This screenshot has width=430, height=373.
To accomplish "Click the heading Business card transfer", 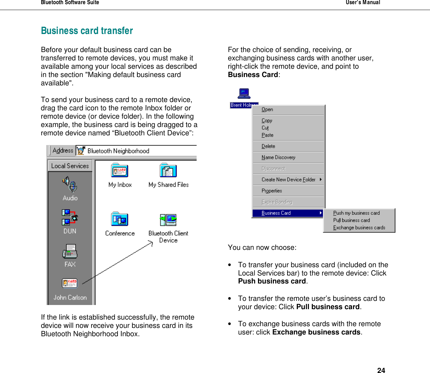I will [87, 31].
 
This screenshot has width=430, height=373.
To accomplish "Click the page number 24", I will [381, 370].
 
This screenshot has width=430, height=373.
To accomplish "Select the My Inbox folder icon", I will [120, 171].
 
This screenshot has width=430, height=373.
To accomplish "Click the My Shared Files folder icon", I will [168, 171].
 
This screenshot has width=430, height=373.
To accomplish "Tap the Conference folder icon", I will [120, 219].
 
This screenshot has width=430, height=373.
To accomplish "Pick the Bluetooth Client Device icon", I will [168, 220].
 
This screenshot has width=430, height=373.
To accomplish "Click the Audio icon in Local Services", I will [70, 184].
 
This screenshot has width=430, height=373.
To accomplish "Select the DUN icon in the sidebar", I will [70, 217].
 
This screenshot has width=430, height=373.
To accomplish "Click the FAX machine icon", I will [70, 252].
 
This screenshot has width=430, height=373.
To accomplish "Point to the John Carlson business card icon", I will [70, 283].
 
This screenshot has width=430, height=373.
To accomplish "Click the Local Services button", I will [70, 166].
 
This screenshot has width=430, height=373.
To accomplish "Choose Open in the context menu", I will [267, 110].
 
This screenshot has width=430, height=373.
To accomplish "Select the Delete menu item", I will [268, 146].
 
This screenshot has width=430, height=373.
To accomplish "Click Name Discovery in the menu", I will [278, 158].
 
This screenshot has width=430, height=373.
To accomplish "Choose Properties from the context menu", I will [272, 191].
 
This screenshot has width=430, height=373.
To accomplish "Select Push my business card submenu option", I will [356, 213].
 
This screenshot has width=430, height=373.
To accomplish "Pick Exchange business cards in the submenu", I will [359, 228].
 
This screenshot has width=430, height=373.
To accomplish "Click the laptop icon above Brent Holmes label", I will [244, 94].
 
